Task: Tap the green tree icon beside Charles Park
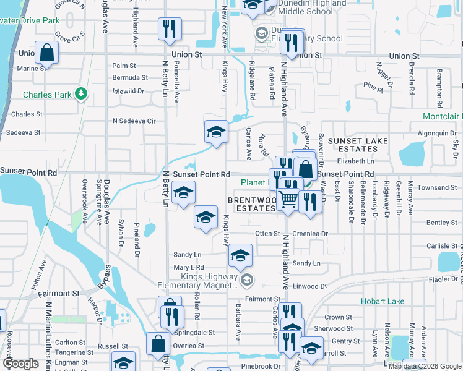click(80, 94)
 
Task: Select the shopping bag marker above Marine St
click(47, 53)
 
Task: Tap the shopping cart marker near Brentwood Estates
click(287, 200)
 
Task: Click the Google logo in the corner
click(20, 364)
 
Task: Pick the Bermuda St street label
click(130, 78)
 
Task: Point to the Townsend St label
click(436, 187)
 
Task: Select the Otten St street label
click(268, 234)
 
